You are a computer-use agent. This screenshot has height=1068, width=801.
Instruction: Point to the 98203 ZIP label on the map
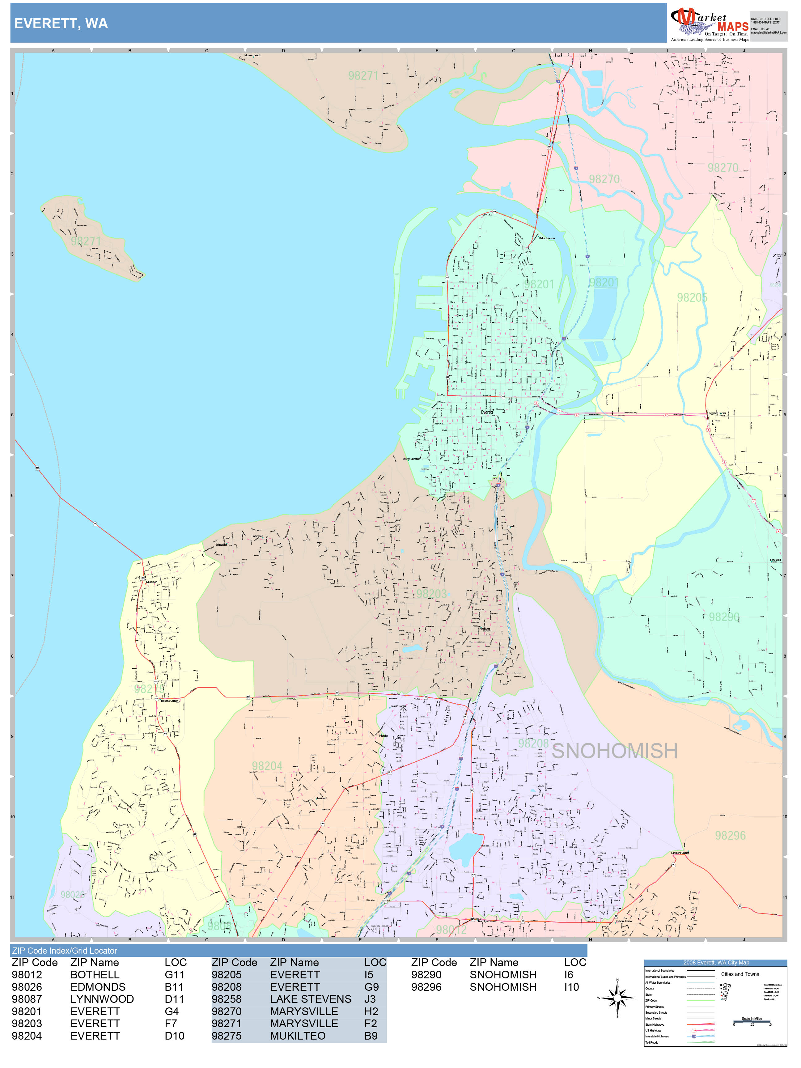431,594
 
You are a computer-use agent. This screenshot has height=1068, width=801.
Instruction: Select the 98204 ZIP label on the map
267,766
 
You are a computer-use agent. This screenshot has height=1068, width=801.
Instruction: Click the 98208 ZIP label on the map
533,743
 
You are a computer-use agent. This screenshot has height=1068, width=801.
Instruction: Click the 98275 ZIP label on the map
149,689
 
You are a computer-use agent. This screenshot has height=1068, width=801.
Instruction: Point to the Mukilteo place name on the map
152,582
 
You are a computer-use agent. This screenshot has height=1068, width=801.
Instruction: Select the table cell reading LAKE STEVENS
311,999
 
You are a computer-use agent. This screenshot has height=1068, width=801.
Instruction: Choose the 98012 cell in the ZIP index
27,975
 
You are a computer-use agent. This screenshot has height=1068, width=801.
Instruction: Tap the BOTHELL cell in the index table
95,975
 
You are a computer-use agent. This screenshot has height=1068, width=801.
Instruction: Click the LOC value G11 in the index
175,975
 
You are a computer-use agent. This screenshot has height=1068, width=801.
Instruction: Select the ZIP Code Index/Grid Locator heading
65,951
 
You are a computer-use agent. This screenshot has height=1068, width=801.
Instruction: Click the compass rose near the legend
617,998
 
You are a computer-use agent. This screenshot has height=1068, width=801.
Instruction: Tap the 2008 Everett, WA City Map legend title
715,962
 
